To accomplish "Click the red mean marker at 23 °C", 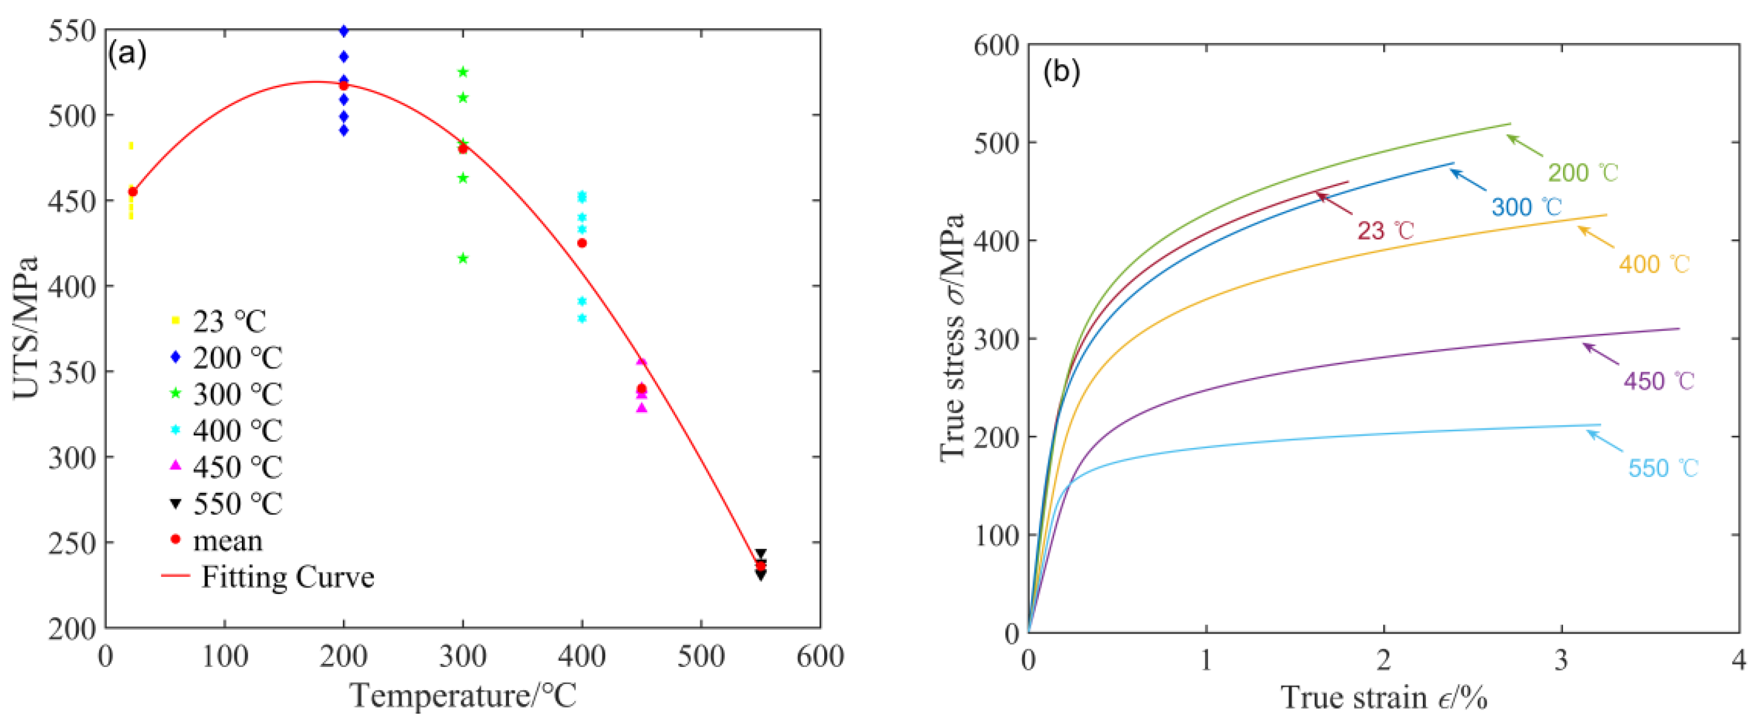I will tap(133, 192).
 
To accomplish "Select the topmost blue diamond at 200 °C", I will tap(344, 32).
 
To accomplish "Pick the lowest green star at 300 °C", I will tap(462, 259).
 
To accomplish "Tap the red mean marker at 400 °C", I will tap(582, 244).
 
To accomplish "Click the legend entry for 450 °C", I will tap(225, 467).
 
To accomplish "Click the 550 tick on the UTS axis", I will tap(72, 32).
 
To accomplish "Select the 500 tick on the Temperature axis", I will tap(701, 657).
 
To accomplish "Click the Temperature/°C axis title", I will tap(463, 696).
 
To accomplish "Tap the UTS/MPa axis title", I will tap(26, 328).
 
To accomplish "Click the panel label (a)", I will tap(127, 54).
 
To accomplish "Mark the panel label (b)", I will tap(1061, 71).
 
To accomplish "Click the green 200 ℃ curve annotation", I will tap(1583, 172).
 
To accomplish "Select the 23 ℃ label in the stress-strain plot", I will tap(1384, 230).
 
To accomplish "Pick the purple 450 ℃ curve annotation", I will tap(1658, 381).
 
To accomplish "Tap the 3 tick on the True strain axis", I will tap(1561, 660).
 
